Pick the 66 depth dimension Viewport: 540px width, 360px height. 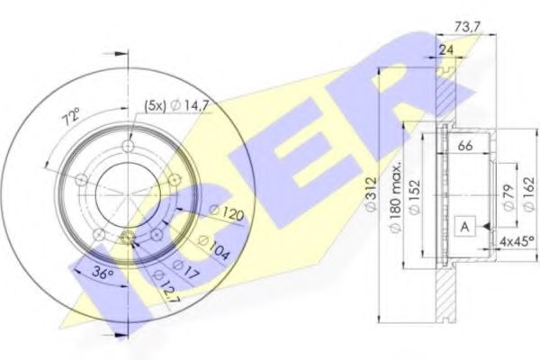(x=466, y=145)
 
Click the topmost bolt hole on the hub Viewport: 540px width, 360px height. (x=129, y=148)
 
